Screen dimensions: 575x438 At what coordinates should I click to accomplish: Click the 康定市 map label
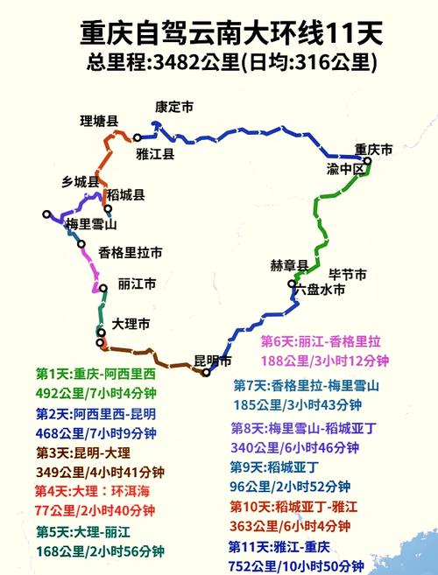173,107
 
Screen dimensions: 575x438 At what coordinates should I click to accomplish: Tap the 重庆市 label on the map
374,149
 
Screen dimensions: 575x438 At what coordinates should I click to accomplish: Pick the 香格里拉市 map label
131,252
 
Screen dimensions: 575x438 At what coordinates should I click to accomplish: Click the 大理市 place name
131,324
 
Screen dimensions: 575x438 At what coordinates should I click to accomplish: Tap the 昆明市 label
213,361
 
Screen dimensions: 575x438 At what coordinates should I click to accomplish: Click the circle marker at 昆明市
206,373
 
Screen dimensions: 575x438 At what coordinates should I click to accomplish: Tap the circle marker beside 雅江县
137,137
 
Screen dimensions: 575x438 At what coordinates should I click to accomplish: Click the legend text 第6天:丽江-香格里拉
325,341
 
